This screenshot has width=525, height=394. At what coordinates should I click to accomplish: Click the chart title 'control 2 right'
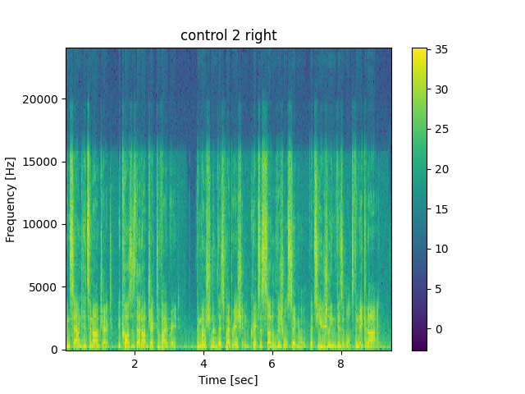click(x=229, y=35)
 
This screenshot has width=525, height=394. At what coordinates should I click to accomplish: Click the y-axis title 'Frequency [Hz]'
click(x=11, y=199)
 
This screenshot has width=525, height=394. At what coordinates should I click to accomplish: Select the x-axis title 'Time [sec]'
click(x=229, y=380)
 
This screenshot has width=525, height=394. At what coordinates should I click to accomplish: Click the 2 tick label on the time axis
click(x=135, y=363)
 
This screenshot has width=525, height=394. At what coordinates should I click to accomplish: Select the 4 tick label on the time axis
click(x=203, y=363)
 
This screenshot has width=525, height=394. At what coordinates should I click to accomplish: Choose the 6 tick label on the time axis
click(x=272, y=363)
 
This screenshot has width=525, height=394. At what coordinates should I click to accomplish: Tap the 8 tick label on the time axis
click(x=340, y=363)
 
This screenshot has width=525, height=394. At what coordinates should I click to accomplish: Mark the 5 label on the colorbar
click(x=437, y=289)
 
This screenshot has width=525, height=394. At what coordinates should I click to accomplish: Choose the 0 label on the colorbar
click(x=437, y=329)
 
